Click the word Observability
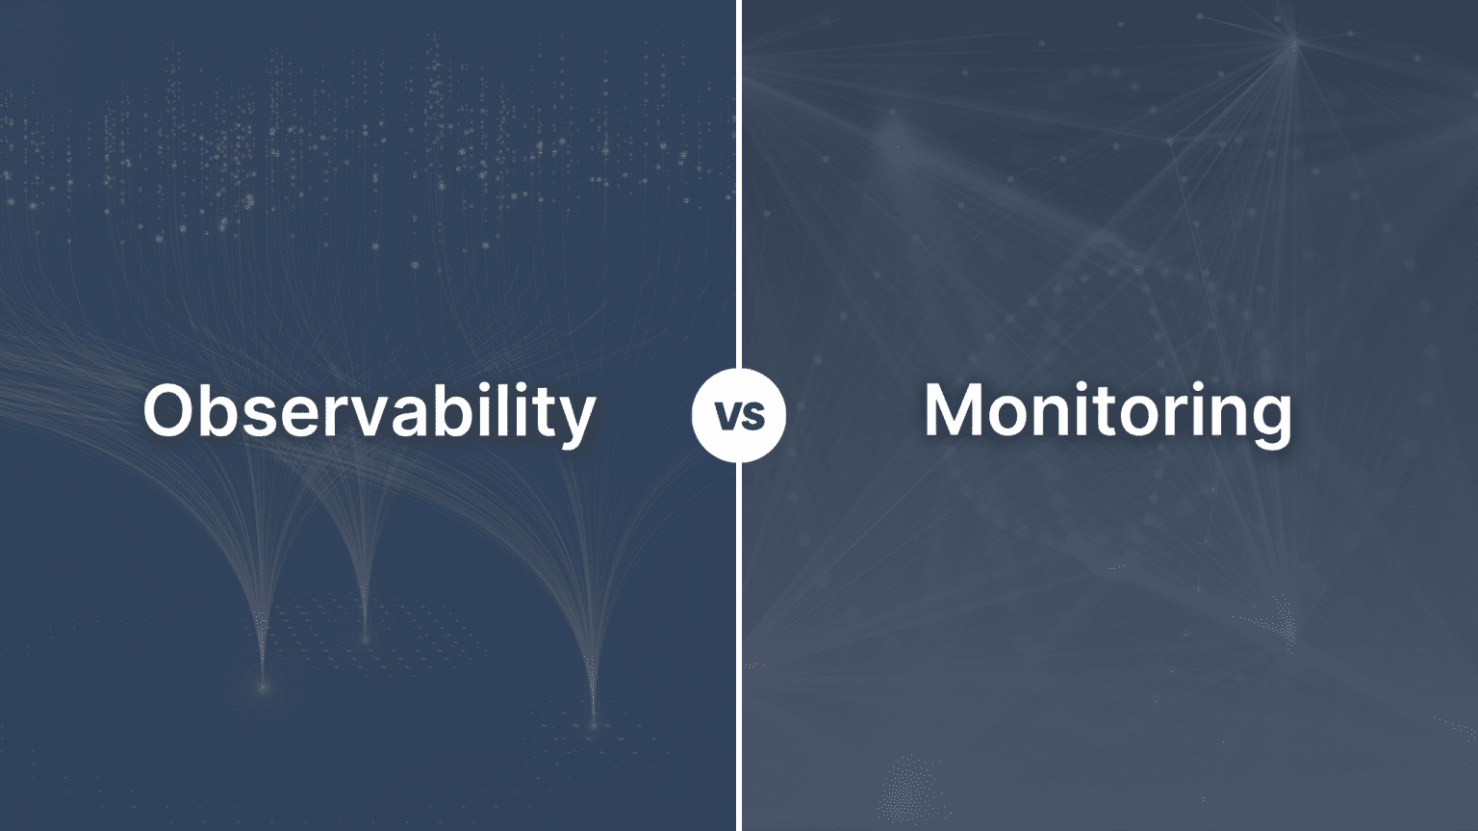point(369,412)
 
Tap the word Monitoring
point(1108,412)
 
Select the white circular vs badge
point(739,415)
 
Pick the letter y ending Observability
point(575,420)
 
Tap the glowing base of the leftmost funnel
point(262,687)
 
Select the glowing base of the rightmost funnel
point(593,722)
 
